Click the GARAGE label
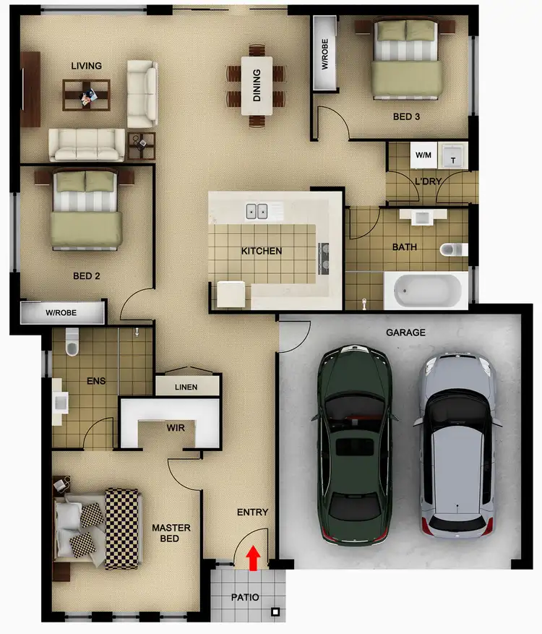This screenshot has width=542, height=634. tap(405, 333)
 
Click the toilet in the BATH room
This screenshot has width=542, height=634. tap(452, 249)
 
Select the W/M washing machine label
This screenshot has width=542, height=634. tap(423, 155)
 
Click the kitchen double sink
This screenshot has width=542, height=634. tap(256, 211)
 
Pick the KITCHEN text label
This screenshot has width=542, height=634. tap(261, 251)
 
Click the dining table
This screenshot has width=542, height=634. tap(256, 85)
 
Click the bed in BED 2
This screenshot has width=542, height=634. tap(86, 209)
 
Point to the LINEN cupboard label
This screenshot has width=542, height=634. tap(186, 387)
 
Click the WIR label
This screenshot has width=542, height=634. tap(176, 428)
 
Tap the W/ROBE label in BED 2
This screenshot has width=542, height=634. tap(61, 314)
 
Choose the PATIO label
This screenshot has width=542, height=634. tap(245, 598)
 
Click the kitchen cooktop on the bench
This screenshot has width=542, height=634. tap(323, 257)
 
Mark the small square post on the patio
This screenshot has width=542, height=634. tap(275, 613)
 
